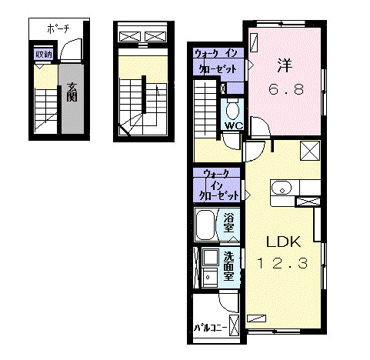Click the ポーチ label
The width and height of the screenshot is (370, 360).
pyautogui.click(x=58, y=28)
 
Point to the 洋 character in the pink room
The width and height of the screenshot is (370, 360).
pyautogui.click(x=285, y=65)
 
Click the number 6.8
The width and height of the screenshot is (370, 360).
pyautogui.click(x=285, y=91)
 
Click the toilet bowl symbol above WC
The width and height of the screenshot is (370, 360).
pyautogui.click(x=233, y=108)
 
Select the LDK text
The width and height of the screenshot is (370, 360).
pyautogui.click(x=281, y=240)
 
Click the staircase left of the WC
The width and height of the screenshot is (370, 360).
pyautogui.click(x=206, y=107)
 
